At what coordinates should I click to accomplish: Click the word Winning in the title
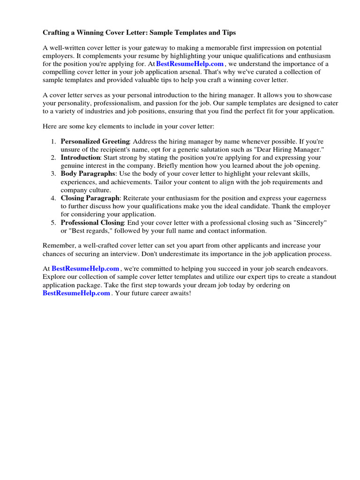click(x=104, y=33)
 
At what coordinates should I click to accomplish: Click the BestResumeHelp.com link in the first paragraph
click(x=190, y=64)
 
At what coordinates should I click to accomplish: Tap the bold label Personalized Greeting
click(x=95, y=141)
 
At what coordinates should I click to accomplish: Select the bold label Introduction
click(x=81, y=157)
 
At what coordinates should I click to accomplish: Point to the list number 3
click(x=53, y=174)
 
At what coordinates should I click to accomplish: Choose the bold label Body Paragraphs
click(x=88, y=174)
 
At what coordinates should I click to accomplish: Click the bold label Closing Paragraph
click(x=90, y=198)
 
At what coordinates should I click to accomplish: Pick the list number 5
click(x=53, y=223)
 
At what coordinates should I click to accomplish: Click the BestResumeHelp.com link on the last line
click(x=76, y=293)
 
